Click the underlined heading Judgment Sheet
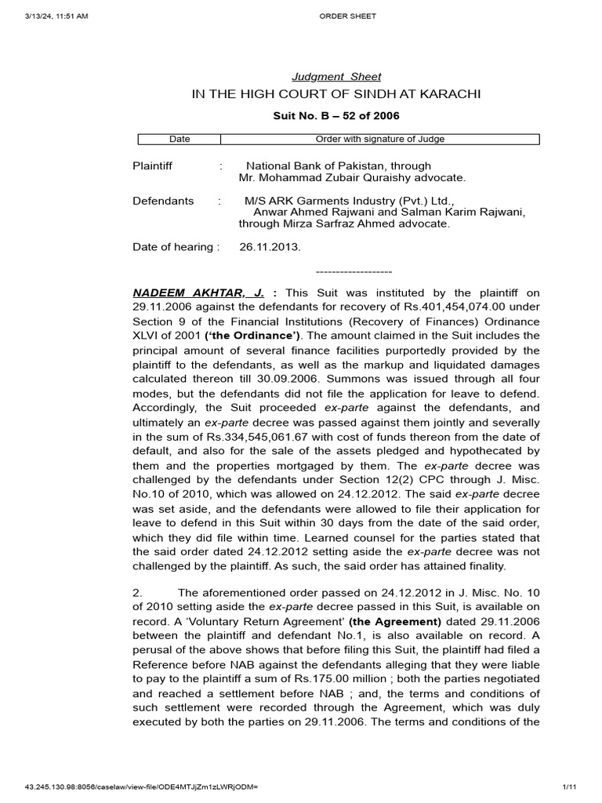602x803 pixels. click(336, 77)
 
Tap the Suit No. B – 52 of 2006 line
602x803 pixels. click(335, 116)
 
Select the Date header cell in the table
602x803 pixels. click(180, 140)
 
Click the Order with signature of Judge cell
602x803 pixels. click(379, 140)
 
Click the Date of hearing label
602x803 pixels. click(172, 247)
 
